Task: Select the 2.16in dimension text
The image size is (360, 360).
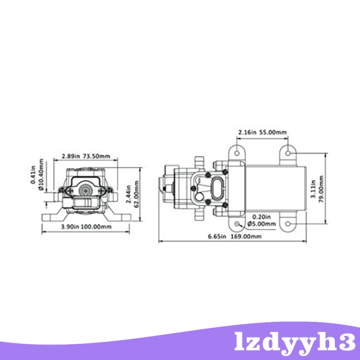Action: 247,132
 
